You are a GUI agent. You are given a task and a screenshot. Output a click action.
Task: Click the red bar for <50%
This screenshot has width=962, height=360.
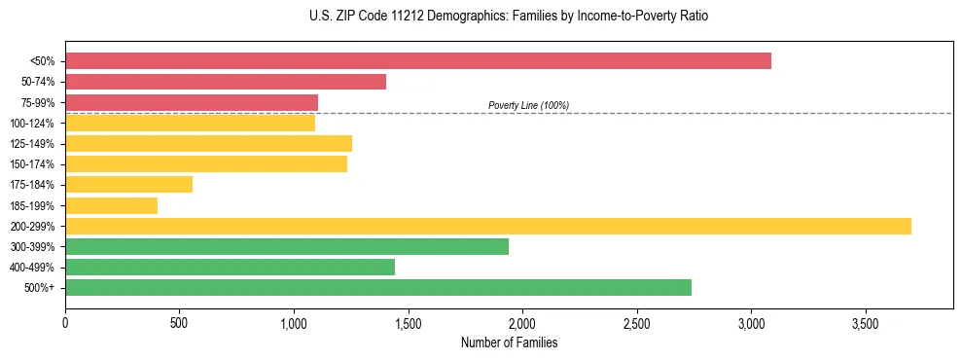(x=418, y=61)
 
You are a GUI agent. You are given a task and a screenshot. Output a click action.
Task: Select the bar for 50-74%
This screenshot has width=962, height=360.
(x=226, y=82)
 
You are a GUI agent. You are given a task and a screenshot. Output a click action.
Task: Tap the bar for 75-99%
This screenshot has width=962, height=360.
(x=192, y=102)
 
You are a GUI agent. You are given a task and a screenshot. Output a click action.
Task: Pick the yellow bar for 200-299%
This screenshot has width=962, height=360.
(x=488, y=226)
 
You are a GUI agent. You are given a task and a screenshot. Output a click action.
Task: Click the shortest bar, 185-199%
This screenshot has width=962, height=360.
(x=111, y=205)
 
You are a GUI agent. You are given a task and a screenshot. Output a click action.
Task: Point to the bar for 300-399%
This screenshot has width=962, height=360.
(x=287, y=246)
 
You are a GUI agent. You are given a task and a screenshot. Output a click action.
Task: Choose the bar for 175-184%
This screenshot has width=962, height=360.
(x=128, y=185)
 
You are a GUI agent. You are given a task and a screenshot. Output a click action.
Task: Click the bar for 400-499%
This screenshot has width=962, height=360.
(x=230, y=267)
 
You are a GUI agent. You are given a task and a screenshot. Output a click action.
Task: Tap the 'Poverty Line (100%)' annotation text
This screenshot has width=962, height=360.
(x=528, y=105)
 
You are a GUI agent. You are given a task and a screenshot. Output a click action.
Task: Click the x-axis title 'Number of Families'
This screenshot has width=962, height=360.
(x=509, y=342)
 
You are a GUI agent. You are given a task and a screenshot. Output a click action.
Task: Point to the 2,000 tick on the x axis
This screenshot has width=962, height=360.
(x=522, y=322)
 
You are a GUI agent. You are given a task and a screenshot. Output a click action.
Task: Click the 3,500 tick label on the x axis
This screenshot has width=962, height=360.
(x=865, y=322)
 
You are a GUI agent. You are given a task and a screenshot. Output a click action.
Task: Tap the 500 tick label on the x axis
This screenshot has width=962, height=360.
(x=179, y=322)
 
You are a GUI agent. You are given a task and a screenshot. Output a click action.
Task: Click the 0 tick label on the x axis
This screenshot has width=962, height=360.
(x=65, y=322)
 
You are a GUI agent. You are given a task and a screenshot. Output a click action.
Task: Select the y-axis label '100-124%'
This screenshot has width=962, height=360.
(x=32, y=124)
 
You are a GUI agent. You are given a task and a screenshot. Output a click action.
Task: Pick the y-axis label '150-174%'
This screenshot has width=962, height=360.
(x=32, y=164)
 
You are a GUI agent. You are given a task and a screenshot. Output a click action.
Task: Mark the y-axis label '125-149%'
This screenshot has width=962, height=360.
(x=32, y=144)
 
